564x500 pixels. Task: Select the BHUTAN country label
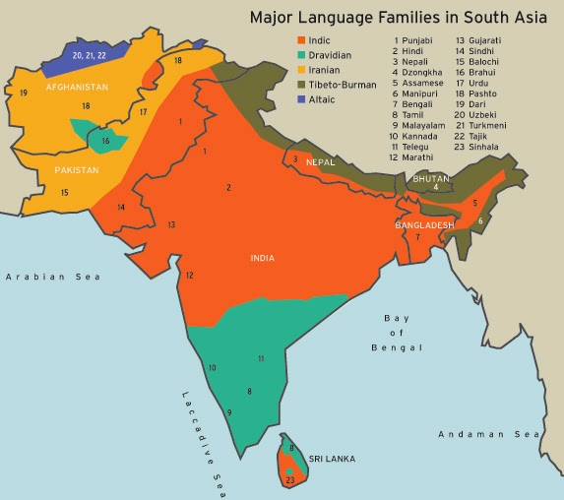pyautogui.click(x=430, y=178)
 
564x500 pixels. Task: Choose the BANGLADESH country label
pyautogui.click(x=424, y=225)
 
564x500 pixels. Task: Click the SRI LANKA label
pyautogui.click(x=332, y=459)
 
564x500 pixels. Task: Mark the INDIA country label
pyautogui.click(x=262, y=258)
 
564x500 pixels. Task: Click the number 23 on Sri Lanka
pyautogui.click(x=289, y=479)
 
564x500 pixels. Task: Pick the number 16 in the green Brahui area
pyautogui.click(x=105, y=141)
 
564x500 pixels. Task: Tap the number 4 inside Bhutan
pyautogui.click(x=435, y=187)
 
